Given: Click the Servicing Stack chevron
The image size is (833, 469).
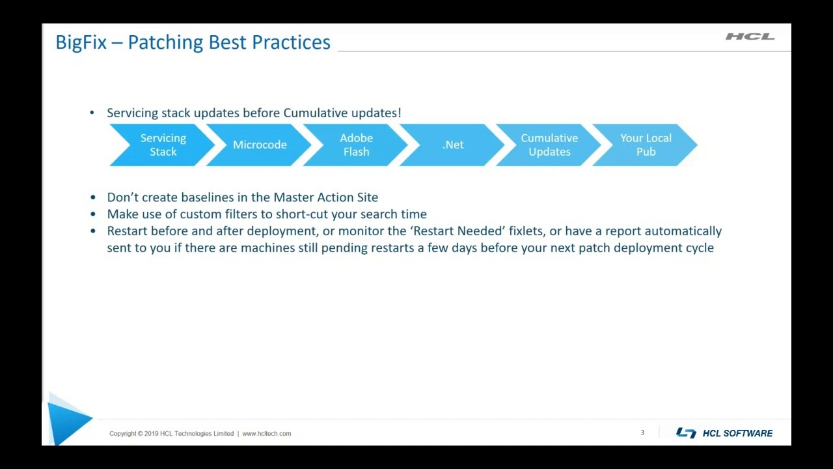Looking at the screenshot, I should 163,145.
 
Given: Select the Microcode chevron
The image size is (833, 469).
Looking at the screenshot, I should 260,145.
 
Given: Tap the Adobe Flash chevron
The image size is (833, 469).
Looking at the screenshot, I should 356,145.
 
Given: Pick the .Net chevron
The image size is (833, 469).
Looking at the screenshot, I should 453,145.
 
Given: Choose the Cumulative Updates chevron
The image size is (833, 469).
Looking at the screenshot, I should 549,145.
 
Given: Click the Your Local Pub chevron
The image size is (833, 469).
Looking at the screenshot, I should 646,145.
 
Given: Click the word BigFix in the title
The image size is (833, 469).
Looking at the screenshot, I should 81,42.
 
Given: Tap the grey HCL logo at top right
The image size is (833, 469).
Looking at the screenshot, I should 750,36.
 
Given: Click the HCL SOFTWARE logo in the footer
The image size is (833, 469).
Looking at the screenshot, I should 724,433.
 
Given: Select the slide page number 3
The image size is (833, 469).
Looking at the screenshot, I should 642,433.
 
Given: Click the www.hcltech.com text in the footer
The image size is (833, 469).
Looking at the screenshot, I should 267,434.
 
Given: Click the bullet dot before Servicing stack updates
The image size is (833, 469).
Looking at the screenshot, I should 92,113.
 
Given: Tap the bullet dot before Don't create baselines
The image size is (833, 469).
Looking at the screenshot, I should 92,197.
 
